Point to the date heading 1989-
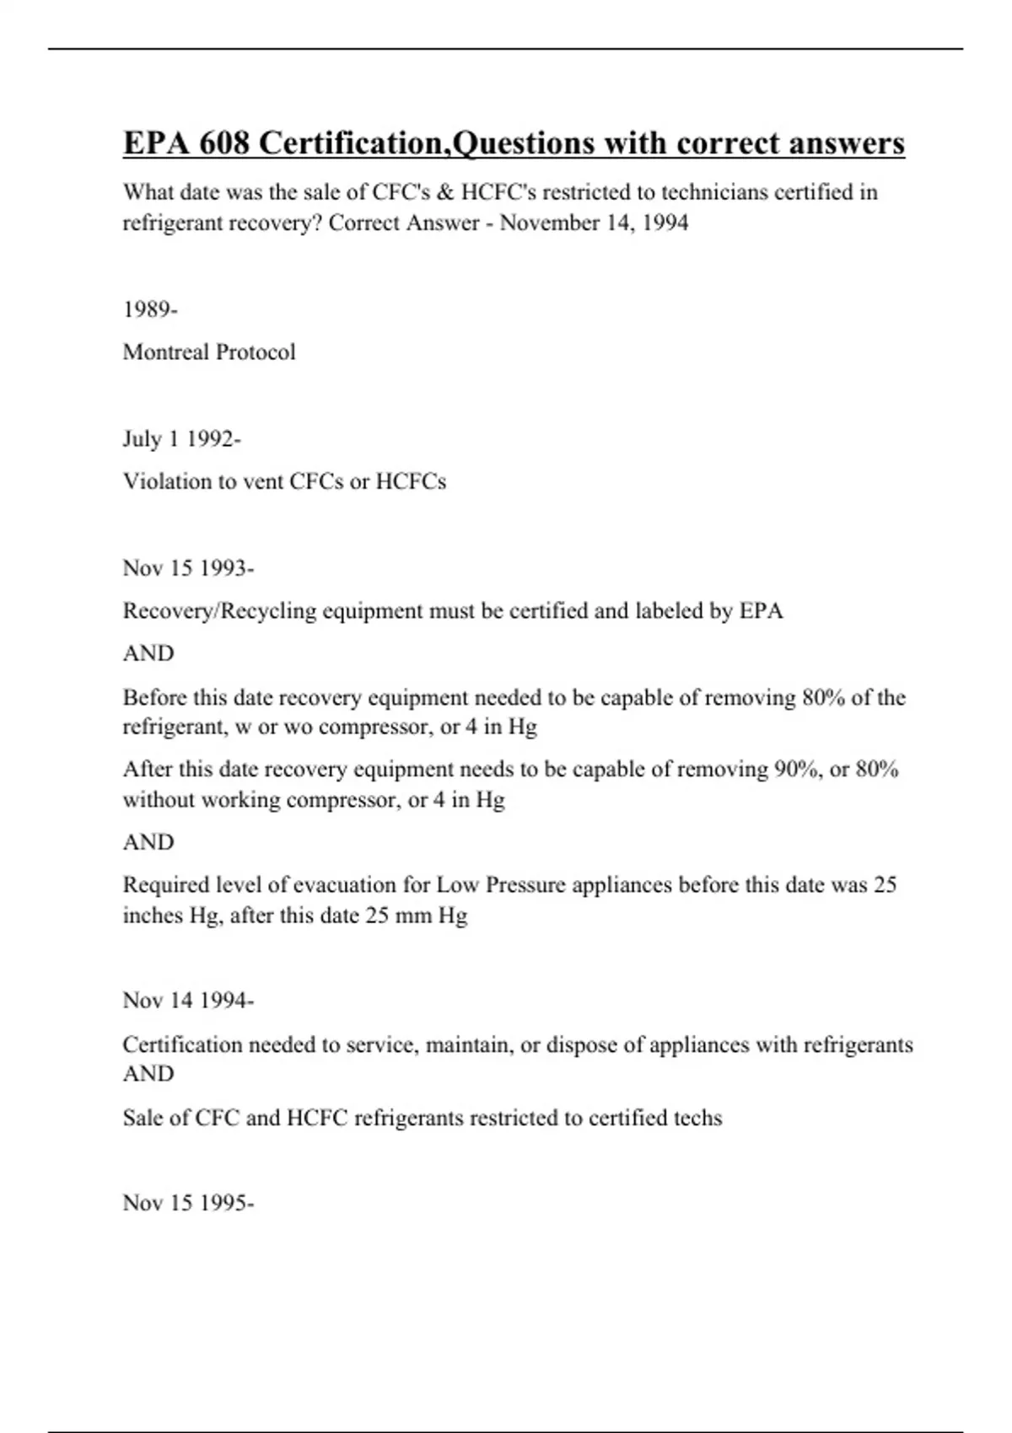click(150, 309)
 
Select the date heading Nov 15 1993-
click(188, 567)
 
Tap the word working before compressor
click(241, 799)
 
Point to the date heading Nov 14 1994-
click(188, 1001)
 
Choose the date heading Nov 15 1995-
click(188, 1202)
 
